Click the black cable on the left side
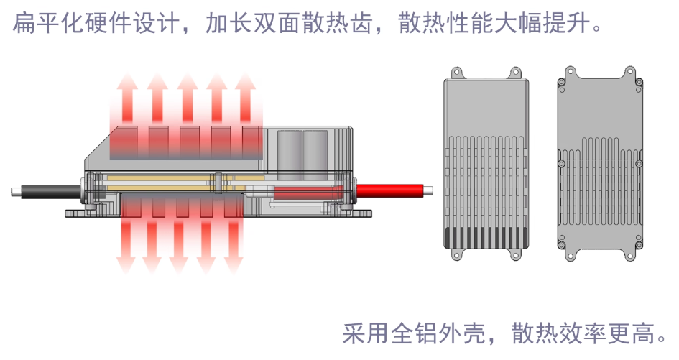50,191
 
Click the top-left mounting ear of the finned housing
455,72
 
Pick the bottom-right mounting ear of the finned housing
515,253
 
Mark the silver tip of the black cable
16,191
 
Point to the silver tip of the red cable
427,190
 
